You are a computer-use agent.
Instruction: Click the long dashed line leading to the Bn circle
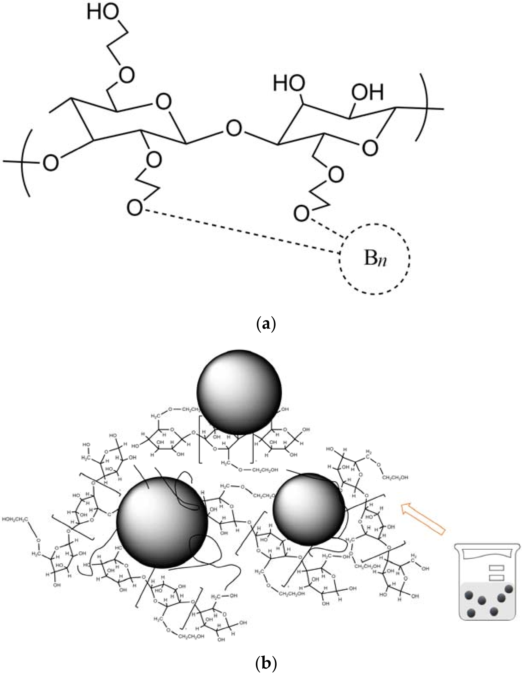coord(241,231)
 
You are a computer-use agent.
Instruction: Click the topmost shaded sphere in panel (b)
coord(239,392)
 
